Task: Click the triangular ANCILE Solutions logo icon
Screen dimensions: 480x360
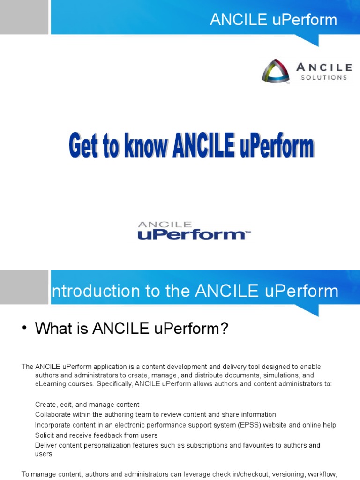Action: coord(276,71)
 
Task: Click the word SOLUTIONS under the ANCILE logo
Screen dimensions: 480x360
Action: coord(324,78)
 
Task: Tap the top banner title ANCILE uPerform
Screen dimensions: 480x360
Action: coord(273,20)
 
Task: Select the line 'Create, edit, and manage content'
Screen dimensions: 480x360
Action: coord(87,405)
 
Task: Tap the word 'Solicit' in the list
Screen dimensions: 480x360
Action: coord(45,435)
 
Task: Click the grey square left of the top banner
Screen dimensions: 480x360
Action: coord(24,17)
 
